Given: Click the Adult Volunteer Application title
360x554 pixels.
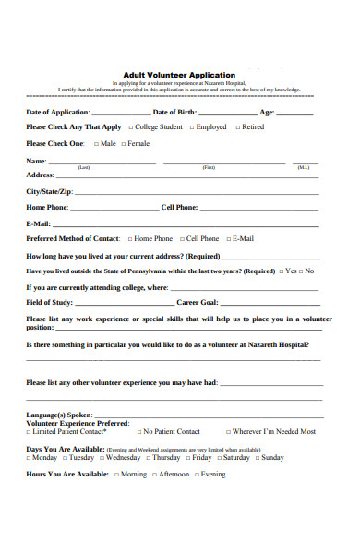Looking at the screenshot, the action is pyautogui.click(x=179, y=75).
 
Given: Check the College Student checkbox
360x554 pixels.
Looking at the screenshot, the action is pyautogui.click(x=131, y=127).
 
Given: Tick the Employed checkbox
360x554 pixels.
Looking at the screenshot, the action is pyautogui.click(x=190, y=127).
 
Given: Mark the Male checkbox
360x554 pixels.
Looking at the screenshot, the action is pyautogui.click(x=94, y=144).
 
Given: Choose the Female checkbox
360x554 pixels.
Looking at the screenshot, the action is pyautogui.click(x=123, y=144).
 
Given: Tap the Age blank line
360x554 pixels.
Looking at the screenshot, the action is pyautogui.click(x=295, y=114).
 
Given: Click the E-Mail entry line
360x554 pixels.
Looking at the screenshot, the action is pyautogui.click(x=185, y=225).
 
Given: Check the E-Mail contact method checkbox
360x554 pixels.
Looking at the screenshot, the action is pyautogui.click(x=227, y=239).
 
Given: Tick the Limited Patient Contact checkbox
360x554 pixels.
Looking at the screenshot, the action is pyautogui.click(x=29, y=432).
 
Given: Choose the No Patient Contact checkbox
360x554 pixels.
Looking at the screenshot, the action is pyautogui.click(x=137, y=432).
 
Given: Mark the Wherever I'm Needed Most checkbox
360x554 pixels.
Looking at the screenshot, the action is pyautogui.click(x=227, y=432).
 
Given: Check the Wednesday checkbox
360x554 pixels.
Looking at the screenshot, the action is pyautogui.click(x=101, y=458).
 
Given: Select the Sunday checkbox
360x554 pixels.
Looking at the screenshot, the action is pyautogui.click(x=257, y=458).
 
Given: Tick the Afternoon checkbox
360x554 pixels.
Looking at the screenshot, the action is pyautogui.click(x=154, y=475).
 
